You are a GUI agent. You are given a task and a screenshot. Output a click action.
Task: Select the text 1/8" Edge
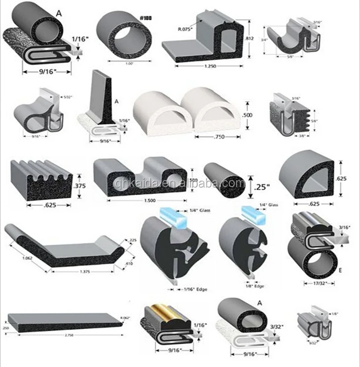point(255,286)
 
